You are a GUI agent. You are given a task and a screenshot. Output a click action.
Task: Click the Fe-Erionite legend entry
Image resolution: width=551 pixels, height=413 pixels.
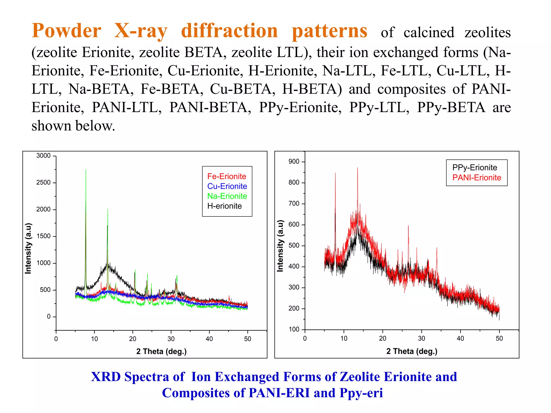point(227,176)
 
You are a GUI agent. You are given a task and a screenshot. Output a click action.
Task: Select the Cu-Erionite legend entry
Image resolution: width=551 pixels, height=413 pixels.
point(227,186)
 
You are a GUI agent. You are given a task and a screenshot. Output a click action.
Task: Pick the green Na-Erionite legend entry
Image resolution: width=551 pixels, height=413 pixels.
point(227,196)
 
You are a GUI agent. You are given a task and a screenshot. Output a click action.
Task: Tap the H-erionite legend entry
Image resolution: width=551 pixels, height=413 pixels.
point(224,206)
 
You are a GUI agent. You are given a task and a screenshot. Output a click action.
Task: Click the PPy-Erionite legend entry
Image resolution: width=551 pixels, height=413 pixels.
point(475,168)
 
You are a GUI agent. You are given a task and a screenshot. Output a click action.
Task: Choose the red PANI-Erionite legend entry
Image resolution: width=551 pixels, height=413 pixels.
point(476,177)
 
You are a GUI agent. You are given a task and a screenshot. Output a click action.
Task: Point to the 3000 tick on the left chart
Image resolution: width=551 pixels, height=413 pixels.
point(43,156)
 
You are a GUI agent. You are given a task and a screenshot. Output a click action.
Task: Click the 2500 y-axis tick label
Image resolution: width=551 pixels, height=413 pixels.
point(43,183)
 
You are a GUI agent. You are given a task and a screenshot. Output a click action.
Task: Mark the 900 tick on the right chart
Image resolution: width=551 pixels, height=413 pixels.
point(294,162)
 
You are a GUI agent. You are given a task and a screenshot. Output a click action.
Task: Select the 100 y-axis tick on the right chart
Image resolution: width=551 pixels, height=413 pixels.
point(294,329)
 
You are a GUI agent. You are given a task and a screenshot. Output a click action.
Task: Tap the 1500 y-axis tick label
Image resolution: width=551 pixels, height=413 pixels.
point(43,236)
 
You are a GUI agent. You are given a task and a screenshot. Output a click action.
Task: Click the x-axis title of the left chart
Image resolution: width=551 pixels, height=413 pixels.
point(161,351)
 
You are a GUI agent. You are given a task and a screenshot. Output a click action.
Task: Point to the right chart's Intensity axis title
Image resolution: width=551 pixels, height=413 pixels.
point(280,246)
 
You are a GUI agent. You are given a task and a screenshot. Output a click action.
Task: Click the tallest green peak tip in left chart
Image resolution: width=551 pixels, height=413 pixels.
point(86,170)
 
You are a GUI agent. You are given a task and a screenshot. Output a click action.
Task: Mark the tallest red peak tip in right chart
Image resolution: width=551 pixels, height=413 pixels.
point(357,168)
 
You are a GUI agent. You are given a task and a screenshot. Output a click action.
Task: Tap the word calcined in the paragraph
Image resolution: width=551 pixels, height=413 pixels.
point(429,33)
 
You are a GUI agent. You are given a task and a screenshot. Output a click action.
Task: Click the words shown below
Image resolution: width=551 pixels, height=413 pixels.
point(73,126)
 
